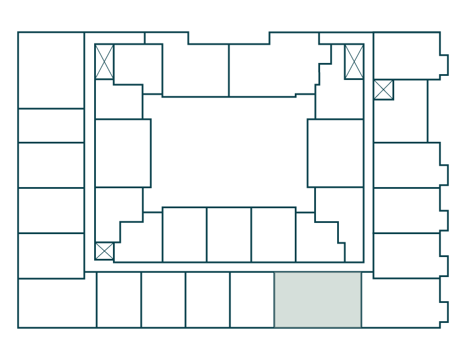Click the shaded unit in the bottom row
click(x=318, y=299)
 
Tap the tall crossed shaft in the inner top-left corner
click(x=104, y=61)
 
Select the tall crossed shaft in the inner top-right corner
click(x=354, y=61)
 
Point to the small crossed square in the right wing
click(x=384, y=89)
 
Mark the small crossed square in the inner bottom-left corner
click(x=104, y=251)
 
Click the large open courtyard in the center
click(x=229, y=151)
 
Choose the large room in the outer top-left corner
click(x=51, y=70)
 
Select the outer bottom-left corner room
click(x=57, y=303)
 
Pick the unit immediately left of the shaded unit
click(x=252, y=299)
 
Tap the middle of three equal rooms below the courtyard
click(x=229, y=234)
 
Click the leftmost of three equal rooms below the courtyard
click(x=184, y=234)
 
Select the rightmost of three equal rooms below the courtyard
click(x=274, y=234)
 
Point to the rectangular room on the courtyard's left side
click(x=123, y=153)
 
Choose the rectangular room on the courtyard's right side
click(x=335, y=153)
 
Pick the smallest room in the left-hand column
click(x=51, y=125)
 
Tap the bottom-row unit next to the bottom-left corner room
click(x=119, y=299)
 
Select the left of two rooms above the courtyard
click(x=195, y=70)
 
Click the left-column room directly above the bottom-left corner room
click(x=51, y=255)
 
